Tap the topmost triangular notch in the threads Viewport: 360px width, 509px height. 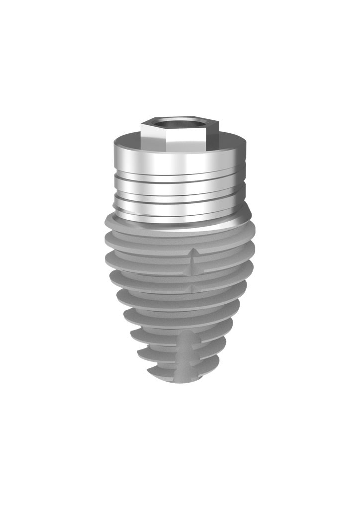192,254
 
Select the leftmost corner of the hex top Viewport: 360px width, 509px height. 141,125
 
